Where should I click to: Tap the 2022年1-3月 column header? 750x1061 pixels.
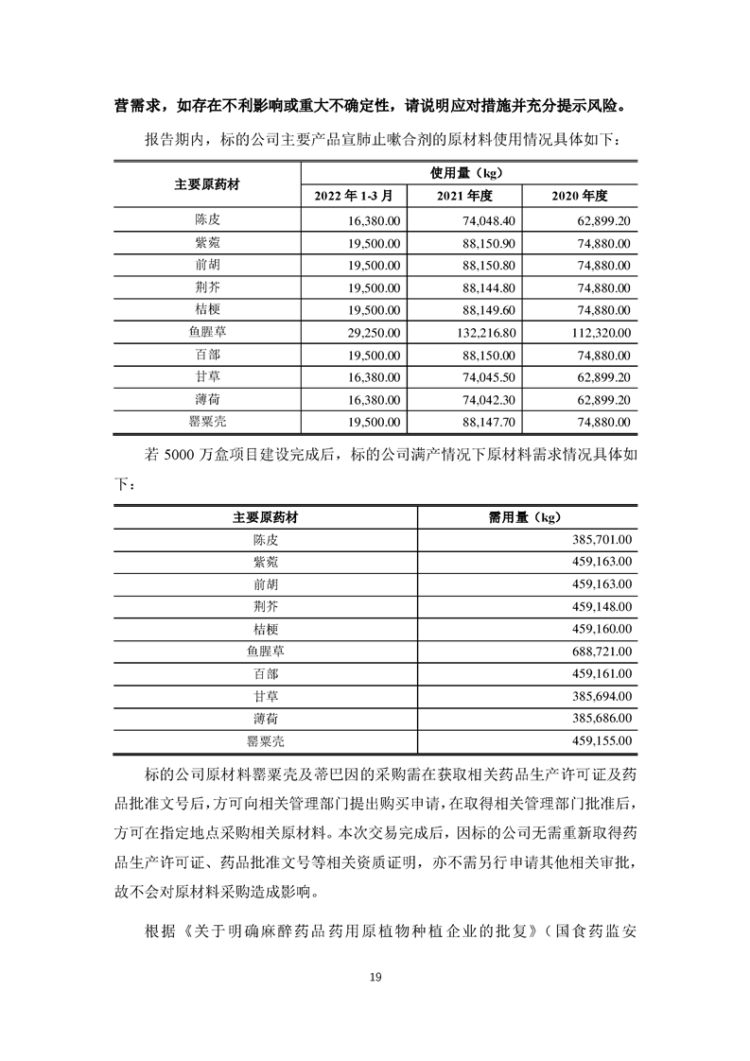tap(359, 196)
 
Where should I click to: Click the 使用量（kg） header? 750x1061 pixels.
tap(465, 173)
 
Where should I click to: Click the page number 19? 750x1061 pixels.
tap(375, 978)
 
